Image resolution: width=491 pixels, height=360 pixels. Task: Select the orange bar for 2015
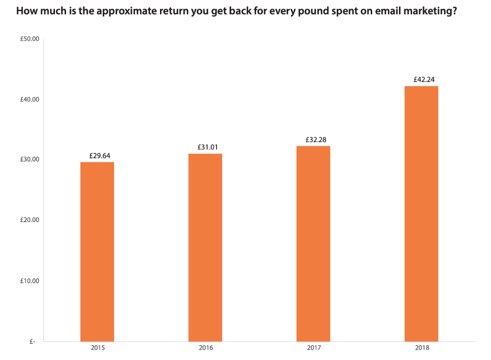coord(97,251)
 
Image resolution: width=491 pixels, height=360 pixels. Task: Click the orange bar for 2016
coord(205,247)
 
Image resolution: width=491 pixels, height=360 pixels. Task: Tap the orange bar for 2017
coord(313,243)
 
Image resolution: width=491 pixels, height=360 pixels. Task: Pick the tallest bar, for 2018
coord(421,214)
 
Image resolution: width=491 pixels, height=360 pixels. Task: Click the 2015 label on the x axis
coord(97,347)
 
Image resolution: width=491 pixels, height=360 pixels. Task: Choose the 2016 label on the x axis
coord(205,347)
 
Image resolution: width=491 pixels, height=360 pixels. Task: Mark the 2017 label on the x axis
coord(314,347)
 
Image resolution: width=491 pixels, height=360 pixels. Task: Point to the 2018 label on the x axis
coord(421,347)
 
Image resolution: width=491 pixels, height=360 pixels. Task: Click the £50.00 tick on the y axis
coord(30,39)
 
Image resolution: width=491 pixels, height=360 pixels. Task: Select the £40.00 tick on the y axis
coord(30,99)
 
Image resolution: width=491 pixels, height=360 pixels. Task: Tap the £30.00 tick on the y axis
coord(30,160)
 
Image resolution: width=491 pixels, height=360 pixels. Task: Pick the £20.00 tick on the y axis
coord(30,220)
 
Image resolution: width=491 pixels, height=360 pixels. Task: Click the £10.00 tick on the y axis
coord(30,281)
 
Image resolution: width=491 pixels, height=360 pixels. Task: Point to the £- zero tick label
coord(32,341)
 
